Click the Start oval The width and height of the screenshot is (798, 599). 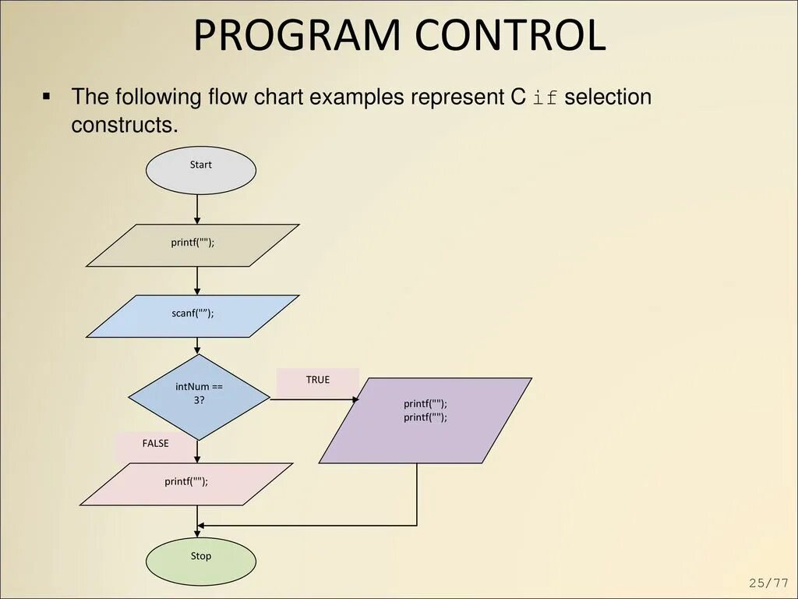point(200,170)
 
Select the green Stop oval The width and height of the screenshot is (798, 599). point(200,561)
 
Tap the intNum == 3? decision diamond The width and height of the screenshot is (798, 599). point(199,397)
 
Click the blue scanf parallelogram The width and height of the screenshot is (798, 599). point(192,316)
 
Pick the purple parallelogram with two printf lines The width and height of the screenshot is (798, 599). point(425,420)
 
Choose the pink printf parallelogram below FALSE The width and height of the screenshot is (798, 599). point(187,484)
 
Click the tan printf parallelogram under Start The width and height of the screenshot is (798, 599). point(192,246)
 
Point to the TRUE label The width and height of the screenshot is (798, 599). point(317,380)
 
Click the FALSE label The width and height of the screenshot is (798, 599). point(155,444)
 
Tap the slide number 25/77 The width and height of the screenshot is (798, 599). point(769,583)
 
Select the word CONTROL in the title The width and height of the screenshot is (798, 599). point(510,36)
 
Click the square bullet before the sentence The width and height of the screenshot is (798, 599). point(46,97)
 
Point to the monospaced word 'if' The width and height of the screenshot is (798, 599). point(546,98)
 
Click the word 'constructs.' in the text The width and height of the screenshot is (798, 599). point(125,125)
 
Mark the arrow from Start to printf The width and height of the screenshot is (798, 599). point(198,209)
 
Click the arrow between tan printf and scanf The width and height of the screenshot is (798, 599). point(198,281)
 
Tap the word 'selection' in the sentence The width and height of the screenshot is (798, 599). point(608,97)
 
